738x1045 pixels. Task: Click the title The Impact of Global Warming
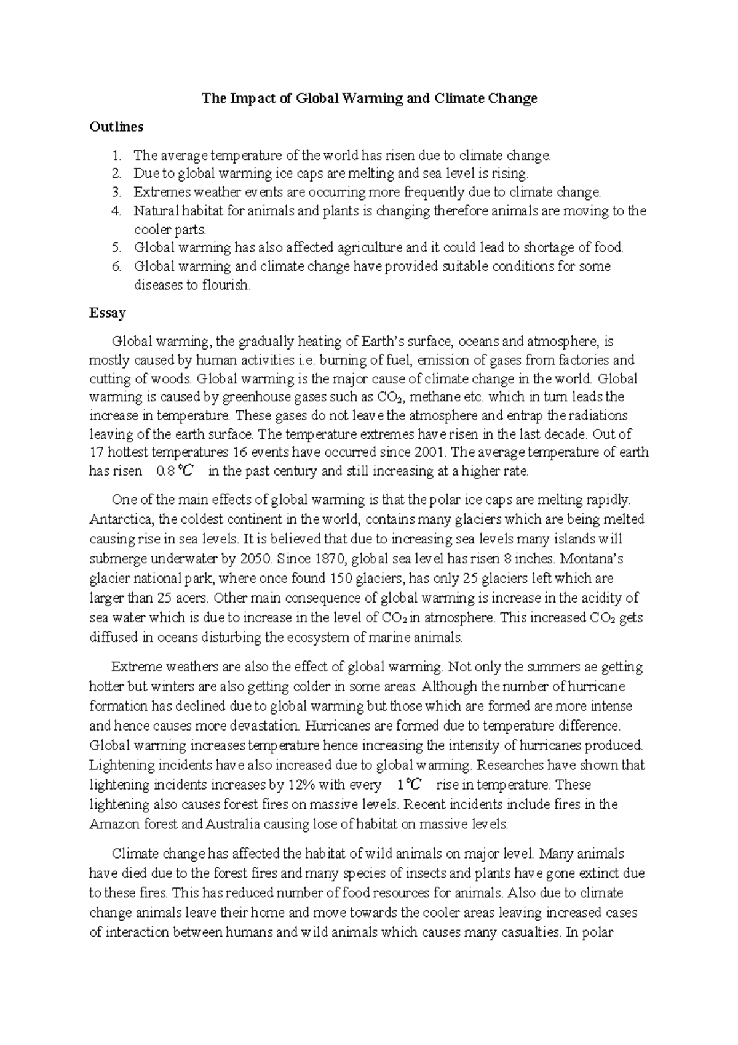[x=370, y=98]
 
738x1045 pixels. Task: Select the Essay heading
[x=108, y=313]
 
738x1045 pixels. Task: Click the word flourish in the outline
[x=226, y=285]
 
